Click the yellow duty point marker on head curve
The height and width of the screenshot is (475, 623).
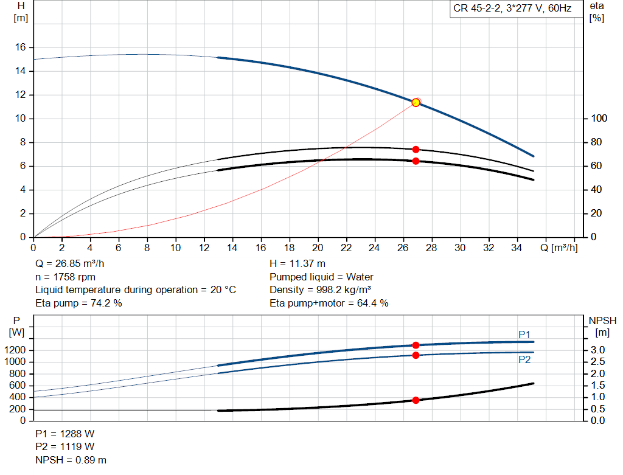pos(416,102)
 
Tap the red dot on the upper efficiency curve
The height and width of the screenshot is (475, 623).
pos(416,149)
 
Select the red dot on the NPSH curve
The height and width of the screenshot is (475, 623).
pos(416,400)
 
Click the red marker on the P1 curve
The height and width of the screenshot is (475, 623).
pos(416,345)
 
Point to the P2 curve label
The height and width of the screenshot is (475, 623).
pos(524,359)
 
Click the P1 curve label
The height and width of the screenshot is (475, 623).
pos(524,335)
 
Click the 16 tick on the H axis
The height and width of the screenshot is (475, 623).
pos(20,47)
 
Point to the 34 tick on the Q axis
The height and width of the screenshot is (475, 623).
pos(518,248)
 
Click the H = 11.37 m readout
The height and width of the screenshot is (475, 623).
pos(298,264)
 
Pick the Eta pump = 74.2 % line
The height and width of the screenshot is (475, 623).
pos(79,303)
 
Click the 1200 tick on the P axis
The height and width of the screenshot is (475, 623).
pos(16,350)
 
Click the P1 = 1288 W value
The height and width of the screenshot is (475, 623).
pos(65,434)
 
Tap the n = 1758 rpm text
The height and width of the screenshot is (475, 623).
pos(66,277)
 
